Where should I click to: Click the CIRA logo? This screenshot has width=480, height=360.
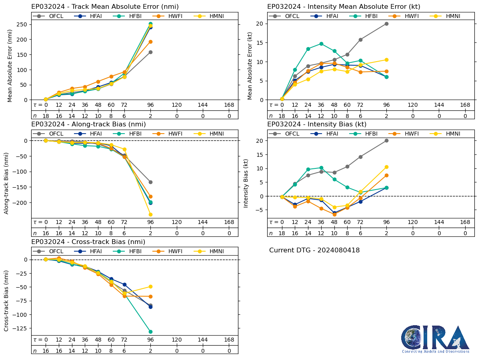(435, 339)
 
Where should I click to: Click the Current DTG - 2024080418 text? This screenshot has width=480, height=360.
(314, 250)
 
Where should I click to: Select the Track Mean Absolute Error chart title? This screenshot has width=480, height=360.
(105, 7)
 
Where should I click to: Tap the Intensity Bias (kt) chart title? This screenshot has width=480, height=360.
(317, 124)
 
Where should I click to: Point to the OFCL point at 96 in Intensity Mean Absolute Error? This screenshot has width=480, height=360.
(386, 24)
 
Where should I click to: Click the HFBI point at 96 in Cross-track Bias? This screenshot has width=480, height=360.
(150, 332)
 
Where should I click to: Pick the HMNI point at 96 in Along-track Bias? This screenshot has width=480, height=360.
(150, 214)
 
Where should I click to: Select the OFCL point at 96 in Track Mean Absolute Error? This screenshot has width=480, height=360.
(150, 52)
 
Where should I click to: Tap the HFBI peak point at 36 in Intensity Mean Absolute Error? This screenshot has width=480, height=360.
(321, 44)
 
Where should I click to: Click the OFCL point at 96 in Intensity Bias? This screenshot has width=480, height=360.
(386, 140)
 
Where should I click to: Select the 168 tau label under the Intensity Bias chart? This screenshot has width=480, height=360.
(465, 222)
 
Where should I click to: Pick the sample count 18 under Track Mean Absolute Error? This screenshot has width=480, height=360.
(46, 116)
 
